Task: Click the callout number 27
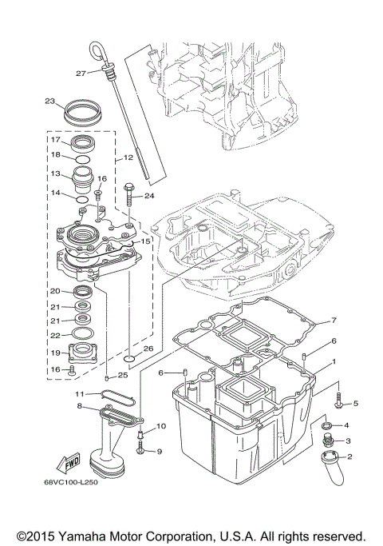click(81, 73)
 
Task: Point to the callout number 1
click(322, 361)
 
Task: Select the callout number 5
click(356, 404)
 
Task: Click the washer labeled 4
click(326, 427)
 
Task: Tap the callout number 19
click(56, 352)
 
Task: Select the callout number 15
click(145, 241)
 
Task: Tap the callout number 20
click(56, 291)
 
